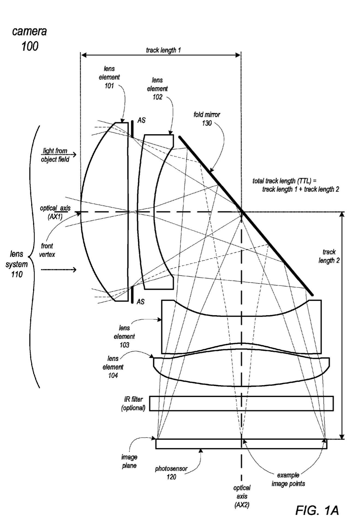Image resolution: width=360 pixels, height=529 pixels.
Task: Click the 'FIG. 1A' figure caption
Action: coord(317,510)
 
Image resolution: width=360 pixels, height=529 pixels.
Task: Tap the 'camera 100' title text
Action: coord(29,38)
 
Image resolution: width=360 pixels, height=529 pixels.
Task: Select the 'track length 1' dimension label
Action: coord(163,50)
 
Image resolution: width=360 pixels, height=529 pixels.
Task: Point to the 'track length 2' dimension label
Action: coord(329,256)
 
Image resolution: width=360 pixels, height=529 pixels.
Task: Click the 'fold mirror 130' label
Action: coord(207,119)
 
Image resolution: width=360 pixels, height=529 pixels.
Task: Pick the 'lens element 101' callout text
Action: coord(109,77)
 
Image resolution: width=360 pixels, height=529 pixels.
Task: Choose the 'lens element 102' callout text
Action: coord(157,88)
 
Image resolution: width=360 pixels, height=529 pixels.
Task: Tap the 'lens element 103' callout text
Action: coord(124,336)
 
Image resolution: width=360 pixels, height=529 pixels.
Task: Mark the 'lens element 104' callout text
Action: coord(113,367)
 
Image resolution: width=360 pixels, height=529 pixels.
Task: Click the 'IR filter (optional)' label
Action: coord(133,403)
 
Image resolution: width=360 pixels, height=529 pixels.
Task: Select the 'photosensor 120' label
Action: coord(171,472)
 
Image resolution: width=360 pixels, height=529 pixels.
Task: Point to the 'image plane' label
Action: coord(129,461)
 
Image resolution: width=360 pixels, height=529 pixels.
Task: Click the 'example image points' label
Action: coord(288,479)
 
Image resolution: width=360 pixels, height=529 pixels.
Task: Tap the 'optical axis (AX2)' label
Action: coord(242,497)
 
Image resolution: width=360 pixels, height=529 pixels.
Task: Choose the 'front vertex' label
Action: coord(47,250)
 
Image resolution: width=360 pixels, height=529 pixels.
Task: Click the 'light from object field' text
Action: coord(55,155)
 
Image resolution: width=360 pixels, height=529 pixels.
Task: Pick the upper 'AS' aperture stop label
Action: coord(141,120)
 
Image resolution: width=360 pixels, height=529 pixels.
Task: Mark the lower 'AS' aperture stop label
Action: coord(140,302)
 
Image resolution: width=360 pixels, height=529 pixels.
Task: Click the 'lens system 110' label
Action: coord(16,264)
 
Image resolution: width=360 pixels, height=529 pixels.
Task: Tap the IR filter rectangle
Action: coord(241,403)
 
